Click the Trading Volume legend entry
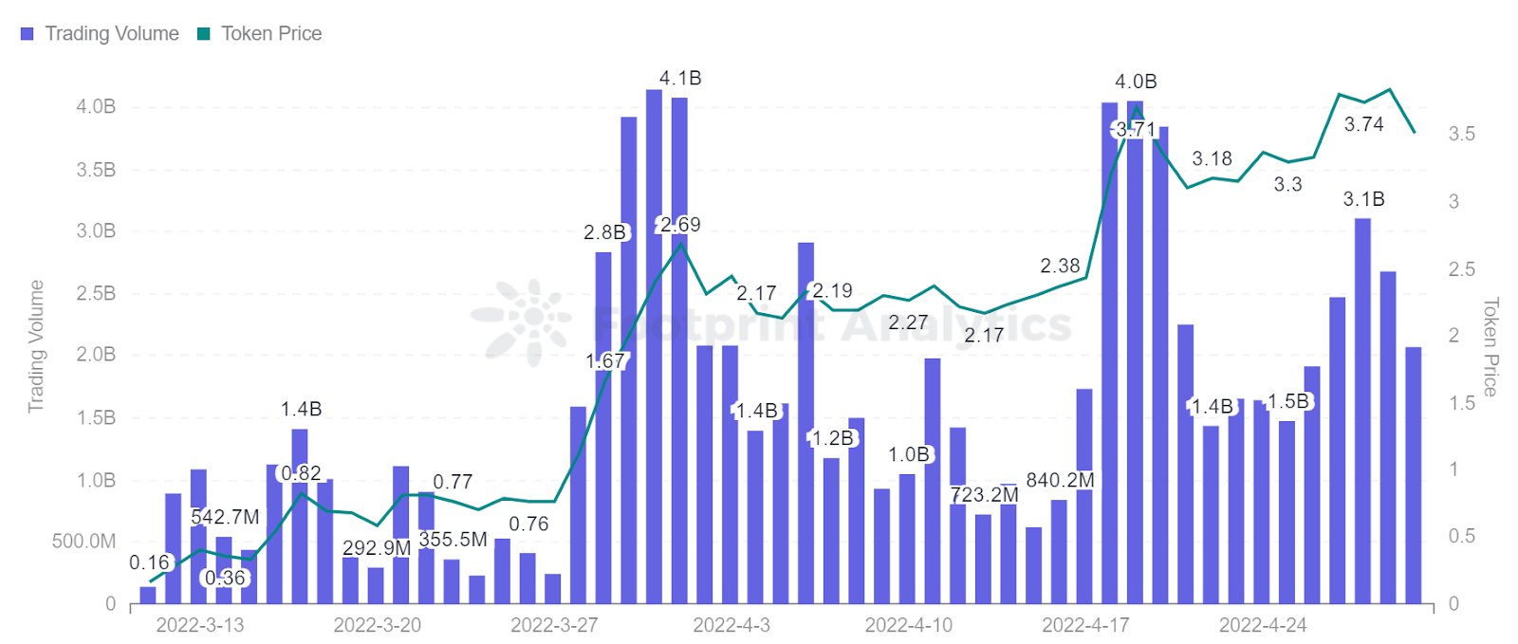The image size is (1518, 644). tap(100, 33)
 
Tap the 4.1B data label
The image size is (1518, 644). tap(680, 78)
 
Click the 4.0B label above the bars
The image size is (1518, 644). tap(1136, 82)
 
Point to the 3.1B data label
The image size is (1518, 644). tap(1363, 199)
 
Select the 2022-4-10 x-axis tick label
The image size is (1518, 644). tap(908, 625)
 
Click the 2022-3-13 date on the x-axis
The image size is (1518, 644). tap(199, 625)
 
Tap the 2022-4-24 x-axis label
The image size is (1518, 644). tap(1262, 625)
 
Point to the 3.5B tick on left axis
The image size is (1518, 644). tap(96, 170)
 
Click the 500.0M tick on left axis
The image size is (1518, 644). tap(83, 542)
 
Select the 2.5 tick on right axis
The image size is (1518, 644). tap(1461, 269)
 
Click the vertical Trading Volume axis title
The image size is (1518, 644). tap(36, 346)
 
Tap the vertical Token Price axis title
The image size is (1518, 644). tap(1490, 346)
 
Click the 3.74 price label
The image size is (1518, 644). tap(1363, 124)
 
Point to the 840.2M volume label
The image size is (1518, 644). tap(1060, 480)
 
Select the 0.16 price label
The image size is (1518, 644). tap(149, 562)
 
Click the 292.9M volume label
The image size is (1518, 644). tap(377, 548)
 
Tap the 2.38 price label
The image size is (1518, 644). tap(1060, 266)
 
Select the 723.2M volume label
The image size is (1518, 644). tap(984, 494)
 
